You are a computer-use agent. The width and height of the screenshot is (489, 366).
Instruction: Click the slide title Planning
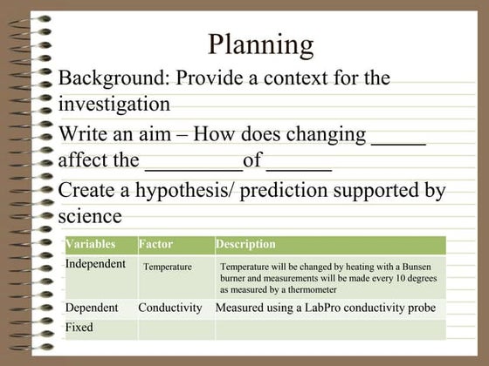tap(261, 44)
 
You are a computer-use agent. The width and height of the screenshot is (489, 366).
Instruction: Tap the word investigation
tap(114, 105)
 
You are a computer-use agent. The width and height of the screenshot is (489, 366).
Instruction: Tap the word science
tap(89, 215)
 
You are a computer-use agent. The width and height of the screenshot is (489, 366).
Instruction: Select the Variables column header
tap(90, 245)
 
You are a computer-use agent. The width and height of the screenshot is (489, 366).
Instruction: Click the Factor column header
tap(155, 245)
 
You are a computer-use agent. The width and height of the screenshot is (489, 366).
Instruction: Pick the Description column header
tap(245, 245)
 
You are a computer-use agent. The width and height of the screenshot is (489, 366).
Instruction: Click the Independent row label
tap(95, 264)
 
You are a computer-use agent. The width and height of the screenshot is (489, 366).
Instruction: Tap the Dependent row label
tap(93, 308)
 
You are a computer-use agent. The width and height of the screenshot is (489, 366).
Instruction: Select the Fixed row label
tap(79, 327)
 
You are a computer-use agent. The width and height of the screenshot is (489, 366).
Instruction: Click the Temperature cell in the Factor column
tap(168, 267)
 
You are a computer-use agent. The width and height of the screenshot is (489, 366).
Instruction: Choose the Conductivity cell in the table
tap(170, 308)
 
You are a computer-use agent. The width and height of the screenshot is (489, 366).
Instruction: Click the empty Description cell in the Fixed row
tap(329, 329)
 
